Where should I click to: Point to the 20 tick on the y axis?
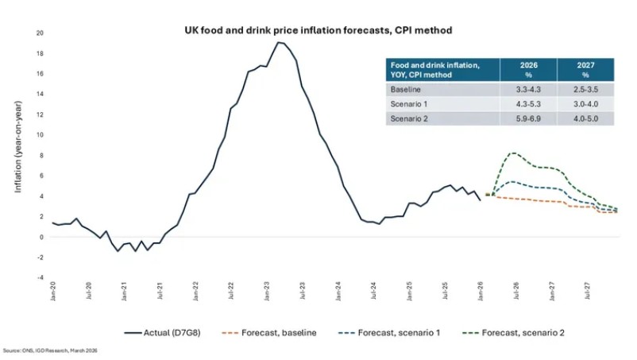coord(40,33)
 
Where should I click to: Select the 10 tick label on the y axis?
coord(40,135)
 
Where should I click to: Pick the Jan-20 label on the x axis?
coord(53,292)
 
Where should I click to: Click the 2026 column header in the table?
coord(528,69)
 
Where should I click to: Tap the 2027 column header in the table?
coord(585,69)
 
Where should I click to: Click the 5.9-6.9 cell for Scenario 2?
coord(528,118)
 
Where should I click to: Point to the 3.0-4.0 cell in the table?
coord(585,104)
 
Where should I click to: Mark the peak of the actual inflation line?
coord(278,42)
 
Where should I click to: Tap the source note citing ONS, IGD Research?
coord(52,350)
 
